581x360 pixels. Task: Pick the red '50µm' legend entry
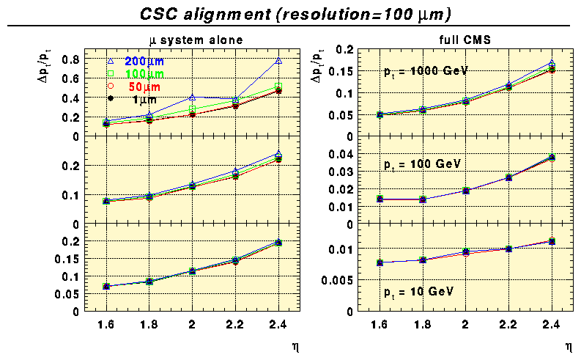tap(141, 87)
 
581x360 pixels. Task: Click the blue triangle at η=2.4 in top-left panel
tap(278, 61)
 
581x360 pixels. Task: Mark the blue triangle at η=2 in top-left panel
tap(192, 97)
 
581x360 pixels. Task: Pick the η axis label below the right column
tap(568, 344)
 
